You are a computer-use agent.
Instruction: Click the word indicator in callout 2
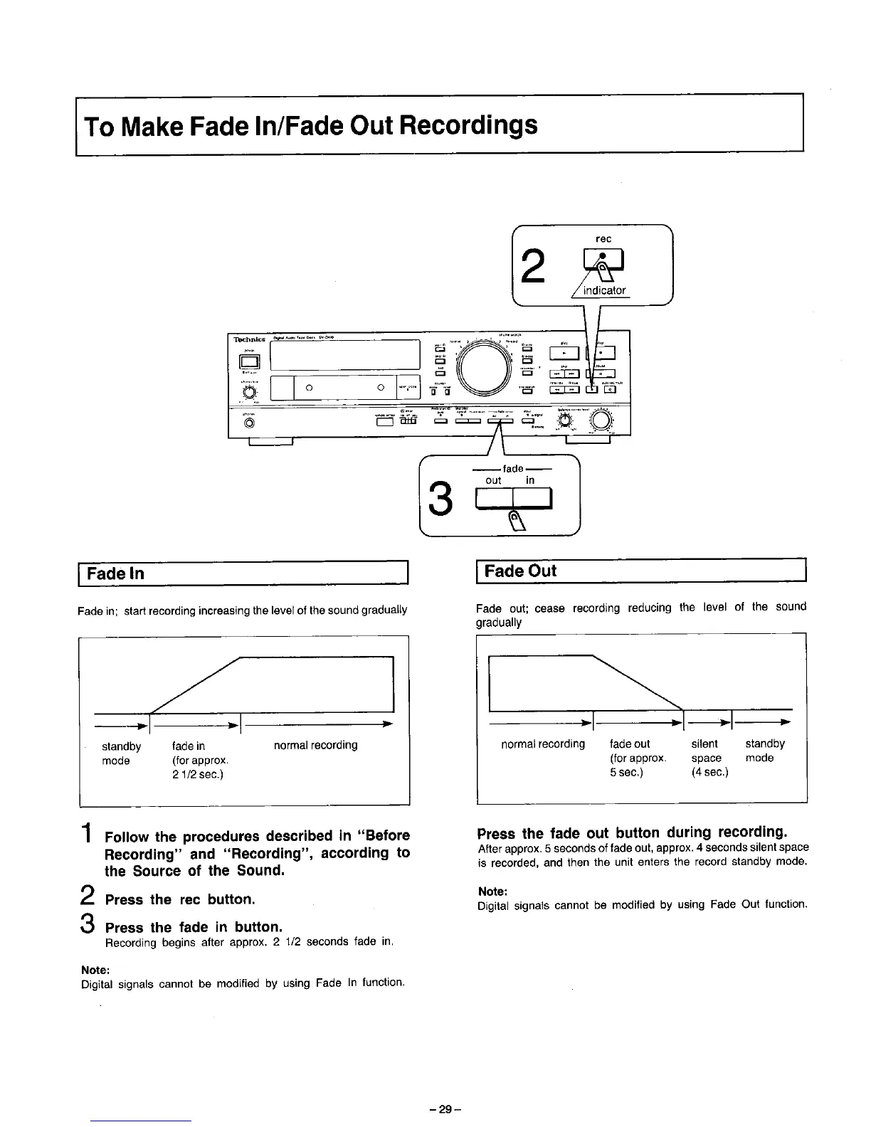point(604,290)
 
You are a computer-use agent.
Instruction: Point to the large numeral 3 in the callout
point(442,500)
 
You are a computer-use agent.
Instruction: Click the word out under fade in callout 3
point(493,480)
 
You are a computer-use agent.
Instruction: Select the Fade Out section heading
point(520,571)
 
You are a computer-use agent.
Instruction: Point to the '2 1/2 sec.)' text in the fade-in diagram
point(198,775)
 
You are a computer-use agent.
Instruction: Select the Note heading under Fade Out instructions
point(492,891)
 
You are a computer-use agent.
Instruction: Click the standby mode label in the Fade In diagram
point(121,753)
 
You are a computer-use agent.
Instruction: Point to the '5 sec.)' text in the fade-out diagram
point(626,772)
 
